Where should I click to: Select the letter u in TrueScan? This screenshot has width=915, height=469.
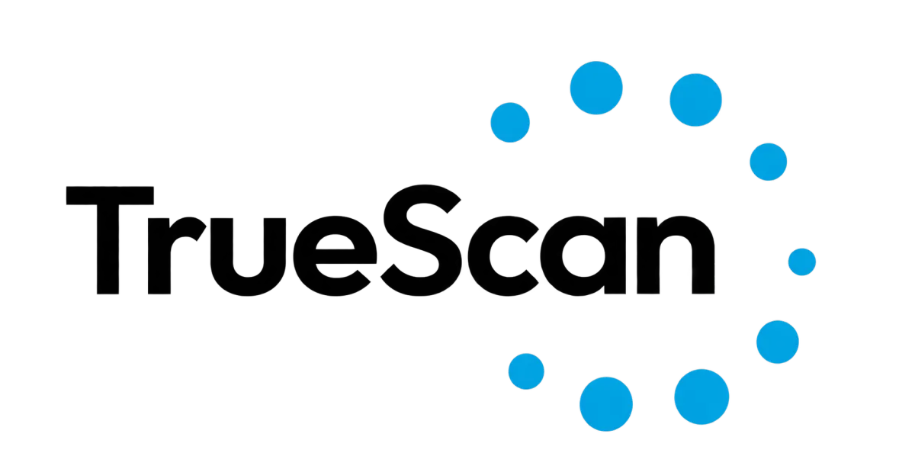[248, 256]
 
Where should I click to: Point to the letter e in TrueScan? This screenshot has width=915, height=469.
[335, 255]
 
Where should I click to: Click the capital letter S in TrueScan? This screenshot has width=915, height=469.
[421, 240]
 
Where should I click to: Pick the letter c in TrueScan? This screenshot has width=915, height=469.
[503, 255]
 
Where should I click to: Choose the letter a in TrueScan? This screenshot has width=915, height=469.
[583, 255]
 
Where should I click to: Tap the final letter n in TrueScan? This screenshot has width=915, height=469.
[676, 255]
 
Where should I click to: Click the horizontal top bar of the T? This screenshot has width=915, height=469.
[110, 196]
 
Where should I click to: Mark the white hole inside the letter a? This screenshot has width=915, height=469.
[583, 255]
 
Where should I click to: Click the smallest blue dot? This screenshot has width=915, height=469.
[802, 262]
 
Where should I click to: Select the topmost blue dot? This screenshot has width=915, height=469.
[596, 88]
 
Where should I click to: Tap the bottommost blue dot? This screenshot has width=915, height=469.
[605, 404]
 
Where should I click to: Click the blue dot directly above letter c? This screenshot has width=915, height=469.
[510, 123]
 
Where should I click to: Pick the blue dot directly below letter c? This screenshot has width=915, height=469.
[526, 371]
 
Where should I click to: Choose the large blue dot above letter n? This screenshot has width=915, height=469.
[695, 100]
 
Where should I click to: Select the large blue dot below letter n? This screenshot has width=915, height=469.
[701, 397]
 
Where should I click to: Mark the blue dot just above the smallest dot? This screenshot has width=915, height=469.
[768, 162]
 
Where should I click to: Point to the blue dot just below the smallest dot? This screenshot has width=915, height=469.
[777, 342]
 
